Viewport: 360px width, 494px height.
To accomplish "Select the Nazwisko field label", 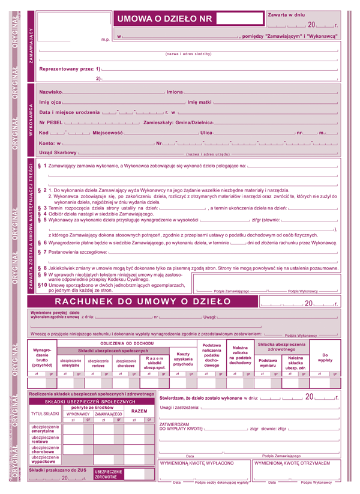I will [x=50, y=92].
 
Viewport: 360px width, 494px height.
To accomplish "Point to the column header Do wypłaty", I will [x=325, y=357].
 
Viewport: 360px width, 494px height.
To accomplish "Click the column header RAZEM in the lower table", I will [x=139, y=411].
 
